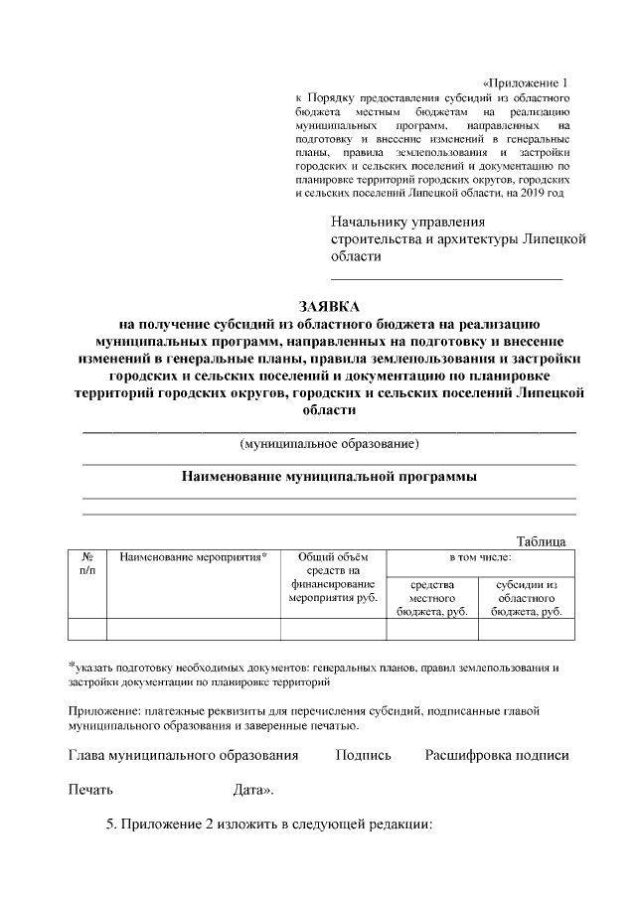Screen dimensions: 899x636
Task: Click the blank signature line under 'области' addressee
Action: pos(446,278)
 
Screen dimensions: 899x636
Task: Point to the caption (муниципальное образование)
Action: pos(329,442)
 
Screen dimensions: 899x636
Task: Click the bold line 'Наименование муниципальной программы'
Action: pos(329,476)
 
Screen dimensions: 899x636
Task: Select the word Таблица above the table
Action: pos(542,540)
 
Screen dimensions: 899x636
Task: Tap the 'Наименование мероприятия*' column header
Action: pos(193,556)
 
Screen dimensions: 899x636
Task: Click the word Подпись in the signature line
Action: pos(364,755)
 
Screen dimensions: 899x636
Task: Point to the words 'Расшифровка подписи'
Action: pos(497,755)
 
